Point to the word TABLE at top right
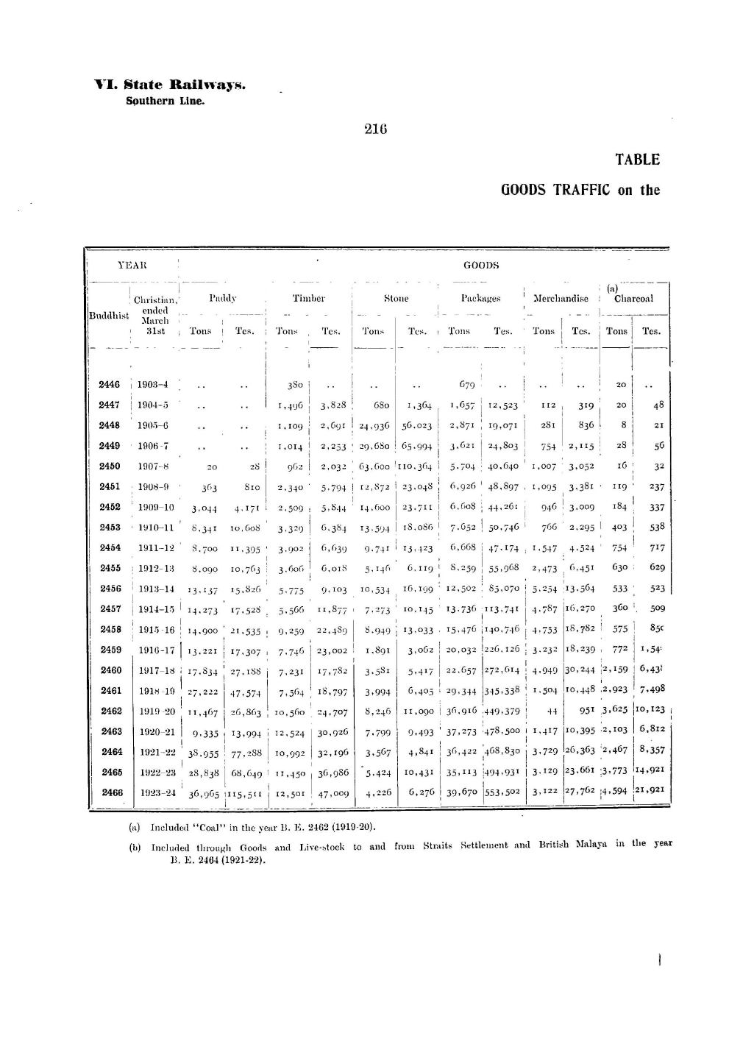637,160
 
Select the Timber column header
308,298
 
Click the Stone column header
396,298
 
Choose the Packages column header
480,298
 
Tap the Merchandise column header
561,298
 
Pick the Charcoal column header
633,298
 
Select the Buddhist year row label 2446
110,385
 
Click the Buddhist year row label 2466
111,793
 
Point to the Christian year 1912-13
156,568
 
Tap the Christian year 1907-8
154,466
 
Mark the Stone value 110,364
416,466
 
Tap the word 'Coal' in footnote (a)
217,827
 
